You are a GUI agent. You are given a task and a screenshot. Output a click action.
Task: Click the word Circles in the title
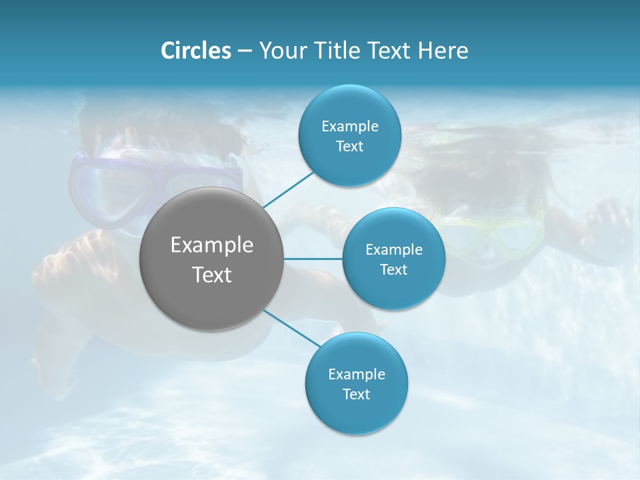(x=195, y=51)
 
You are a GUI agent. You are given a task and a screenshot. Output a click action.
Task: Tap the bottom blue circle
(x=356, y=413)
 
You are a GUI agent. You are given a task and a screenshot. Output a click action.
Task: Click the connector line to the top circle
(x=288, y=189)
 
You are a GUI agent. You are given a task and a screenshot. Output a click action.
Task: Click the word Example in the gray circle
(x=211, y=245)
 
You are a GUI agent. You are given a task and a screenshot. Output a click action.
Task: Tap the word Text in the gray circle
(x=211, y=275)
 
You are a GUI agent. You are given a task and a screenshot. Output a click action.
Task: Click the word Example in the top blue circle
(x=349, y=126)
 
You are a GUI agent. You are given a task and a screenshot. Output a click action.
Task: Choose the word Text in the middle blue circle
(x=393, y=269)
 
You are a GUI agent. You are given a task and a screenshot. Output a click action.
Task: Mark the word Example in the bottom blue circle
(x=356, y=374)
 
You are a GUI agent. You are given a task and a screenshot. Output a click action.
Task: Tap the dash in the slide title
(x=245, y=51)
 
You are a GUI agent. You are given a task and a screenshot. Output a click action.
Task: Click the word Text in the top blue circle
(x=349, y=146)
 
